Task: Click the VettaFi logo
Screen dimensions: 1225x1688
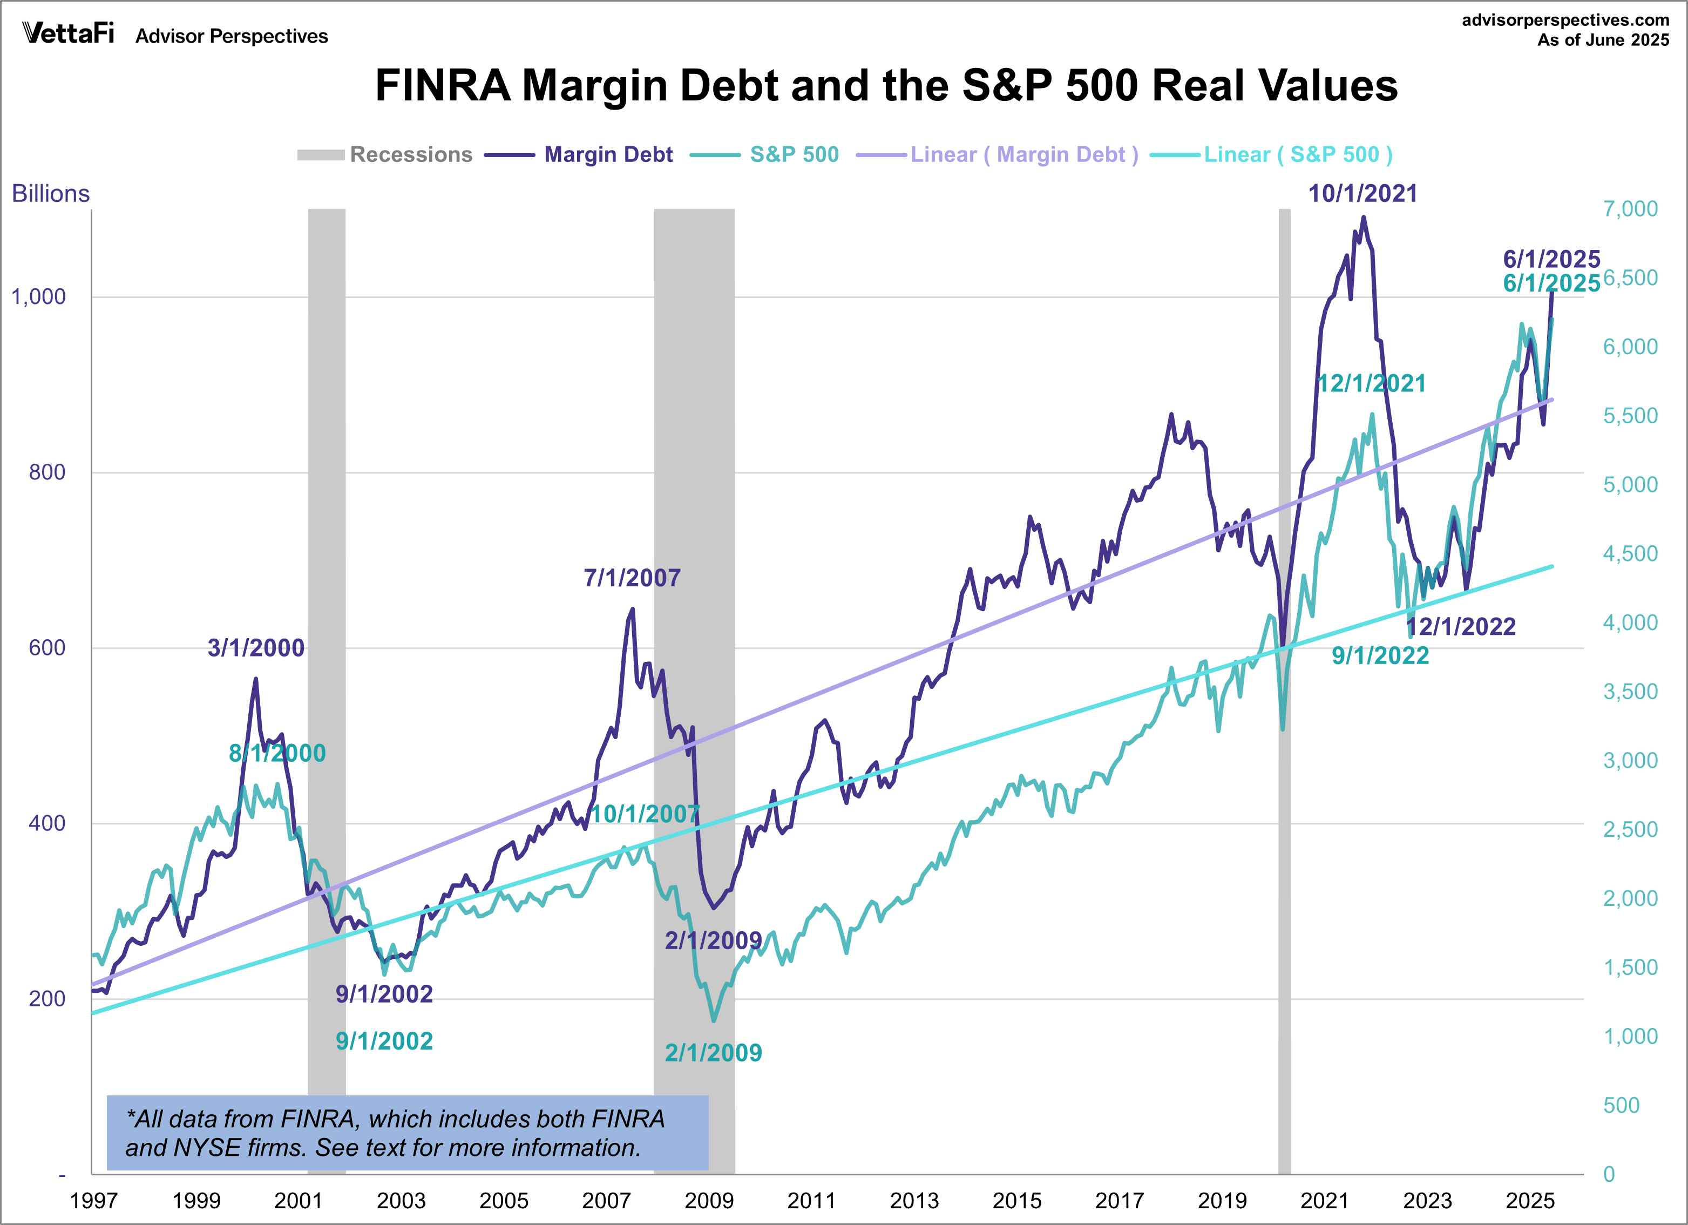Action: point(69,33)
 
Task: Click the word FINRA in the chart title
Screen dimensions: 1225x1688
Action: point(443,86)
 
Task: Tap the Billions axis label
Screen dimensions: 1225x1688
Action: point(51,193)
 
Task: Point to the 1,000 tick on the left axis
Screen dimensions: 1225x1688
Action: point(39,297)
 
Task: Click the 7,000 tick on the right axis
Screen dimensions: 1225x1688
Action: point(1630,209)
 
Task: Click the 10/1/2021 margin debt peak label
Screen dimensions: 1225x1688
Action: point(1362,193)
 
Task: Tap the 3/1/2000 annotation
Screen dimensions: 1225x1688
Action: point(256,647)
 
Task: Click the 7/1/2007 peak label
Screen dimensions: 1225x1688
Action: point(632,578)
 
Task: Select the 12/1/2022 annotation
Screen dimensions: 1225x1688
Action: point(1460,627)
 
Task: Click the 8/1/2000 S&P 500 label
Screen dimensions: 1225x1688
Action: point(277,753)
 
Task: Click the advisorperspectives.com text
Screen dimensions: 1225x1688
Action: point(1565,20)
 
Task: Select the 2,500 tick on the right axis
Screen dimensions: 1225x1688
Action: point(1630,829)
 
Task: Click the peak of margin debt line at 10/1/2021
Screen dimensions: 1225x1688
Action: point(1364,218)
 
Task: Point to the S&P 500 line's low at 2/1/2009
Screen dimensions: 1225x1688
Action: point(714,1020)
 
